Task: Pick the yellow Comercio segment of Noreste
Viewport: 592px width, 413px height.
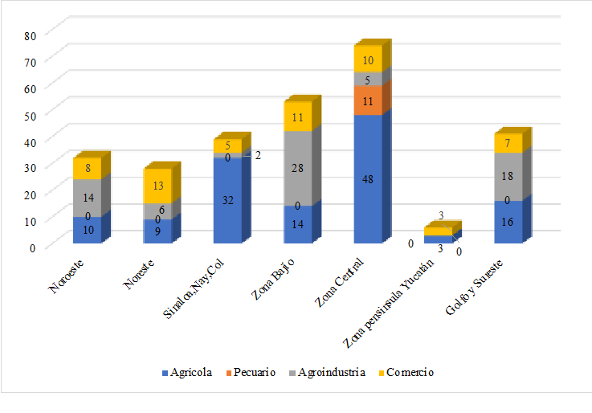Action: (x=157, y=186)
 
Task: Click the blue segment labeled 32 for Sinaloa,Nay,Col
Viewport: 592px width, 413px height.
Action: (x=227, y=200)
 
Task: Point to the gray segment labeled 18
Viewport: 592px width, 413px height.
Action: (x=508, y=176)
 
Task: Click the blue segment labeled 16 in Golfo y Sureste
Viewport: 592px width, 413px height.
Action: (x=508, y=221)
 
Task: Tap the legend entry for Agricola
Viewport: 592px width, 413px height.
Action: (x=187, y=373)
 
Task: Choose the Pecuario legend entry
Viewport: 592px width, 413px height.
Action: (x=254, y=373)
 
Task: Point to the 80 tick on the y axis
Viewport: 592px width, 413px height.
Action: (x=31, y=35)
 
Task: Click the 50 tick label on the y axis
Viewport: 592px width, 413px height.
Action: (x=31, y=115)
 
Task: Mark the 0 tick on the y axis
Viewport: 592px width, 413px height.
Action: (x=33, y=247)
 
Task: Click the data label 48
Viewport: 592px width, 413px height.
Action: (x=367, y=180)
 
